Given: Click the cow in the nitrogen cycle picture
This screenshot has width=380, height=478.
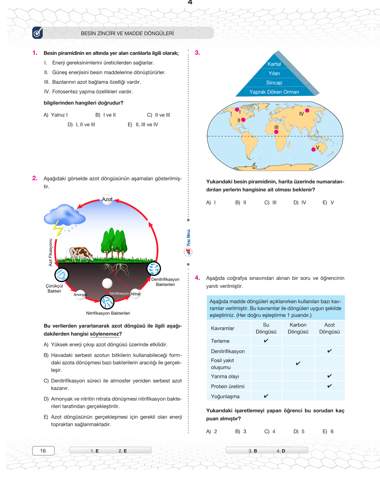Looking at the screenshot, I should (82, 254).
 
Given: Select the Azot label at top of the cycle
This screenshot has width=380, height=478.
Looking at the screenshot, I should (107, 199).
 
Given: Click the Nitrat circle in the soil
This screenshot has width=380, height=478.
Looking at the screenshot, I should (136, 294).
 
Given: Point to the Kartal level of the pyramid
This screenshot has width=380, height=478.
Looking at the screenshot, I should (274, 64).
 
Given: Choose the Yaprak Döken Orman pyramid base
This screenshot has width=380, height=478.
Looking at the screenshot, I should (274, 92).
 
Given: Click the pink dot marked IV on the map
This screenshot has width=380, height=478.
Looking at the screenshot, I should (307, 110).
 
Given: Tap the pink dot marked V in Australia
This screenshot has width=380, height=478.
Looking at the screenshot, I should (314, 149).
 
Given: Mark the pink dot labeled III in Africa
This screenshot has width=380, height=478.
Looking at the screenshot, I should (276, 132).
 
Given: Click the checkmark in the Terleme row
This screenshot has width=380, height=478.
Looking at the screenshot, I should (266, 341).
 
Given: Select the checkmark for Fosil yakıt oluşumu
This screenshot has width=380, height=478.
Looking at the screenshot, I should (298, 364).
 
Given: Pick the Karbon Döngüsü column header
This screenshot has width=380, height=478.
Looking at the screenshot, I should (298, 328).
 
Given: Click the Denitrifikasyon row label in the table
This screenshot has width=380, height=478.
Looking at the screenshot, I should (228, 351).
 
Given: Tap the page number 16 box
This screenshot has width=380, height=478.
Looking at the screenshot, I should (43, 451).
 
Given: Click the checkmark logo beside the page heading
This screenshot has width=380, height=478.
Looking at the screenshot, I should (37, 33).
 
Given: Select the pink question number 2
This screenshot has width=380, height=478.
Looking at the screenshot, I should (35, 178).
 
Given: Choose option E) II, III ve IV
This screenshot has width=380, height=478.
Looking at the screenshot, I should (143, 125).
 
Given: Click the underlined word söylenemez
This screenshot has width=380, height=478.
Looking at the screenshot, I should (104, 334).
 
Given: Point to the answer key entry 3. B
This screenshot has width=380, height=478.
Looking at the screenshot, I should (253, 451).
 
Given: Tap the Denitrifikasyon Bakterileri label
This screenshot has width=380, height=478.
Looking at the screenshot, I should (165, 282).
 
